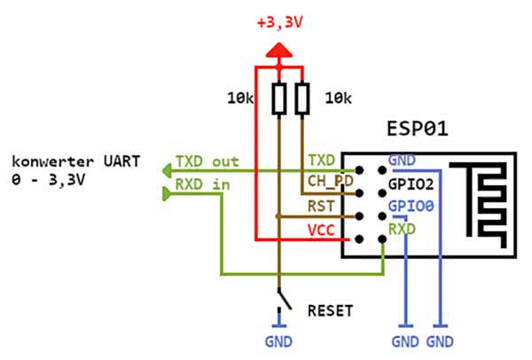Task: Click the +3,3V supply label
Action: [281, 22]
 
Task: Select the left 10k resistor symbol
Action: [279, 97]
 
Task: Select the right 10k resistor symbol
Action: [302, 97]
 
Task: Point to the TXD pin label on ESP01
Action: [322, 160]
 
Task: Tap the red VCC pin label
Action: [322, 229]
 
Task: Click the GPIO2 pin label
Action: [409, 186]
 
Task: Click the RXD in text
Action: [201, 184]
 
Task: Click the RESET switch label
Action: [330, 311]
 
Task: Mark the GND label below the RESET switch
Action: [278, 340]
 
